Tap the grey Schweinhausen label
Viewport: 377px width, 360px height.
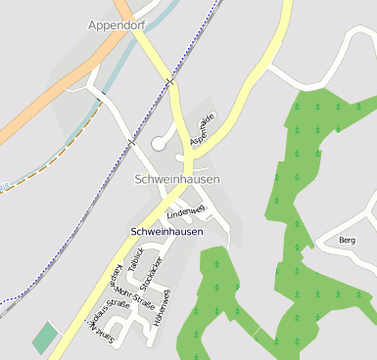pyautogui.click(x=176, y=179)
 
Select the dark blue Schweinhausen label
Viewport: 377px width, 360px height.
pyautogui.click(x=166, y=232)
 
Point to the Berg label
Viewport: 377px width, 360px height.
pyautogui.click(x=346, y=240)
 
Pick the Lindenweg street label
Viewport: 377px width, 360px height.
pyautogui.click(x=185, y=211)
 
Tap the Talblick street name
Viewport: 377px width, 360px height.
pyautogui.click(x=137, y=261)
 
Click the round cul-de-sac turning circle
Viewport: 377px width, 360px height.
pyautogui.click(x=159, y=144)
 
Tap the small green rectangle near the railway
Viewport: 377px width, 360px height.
pyautogui.click(x=45, y=337)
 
